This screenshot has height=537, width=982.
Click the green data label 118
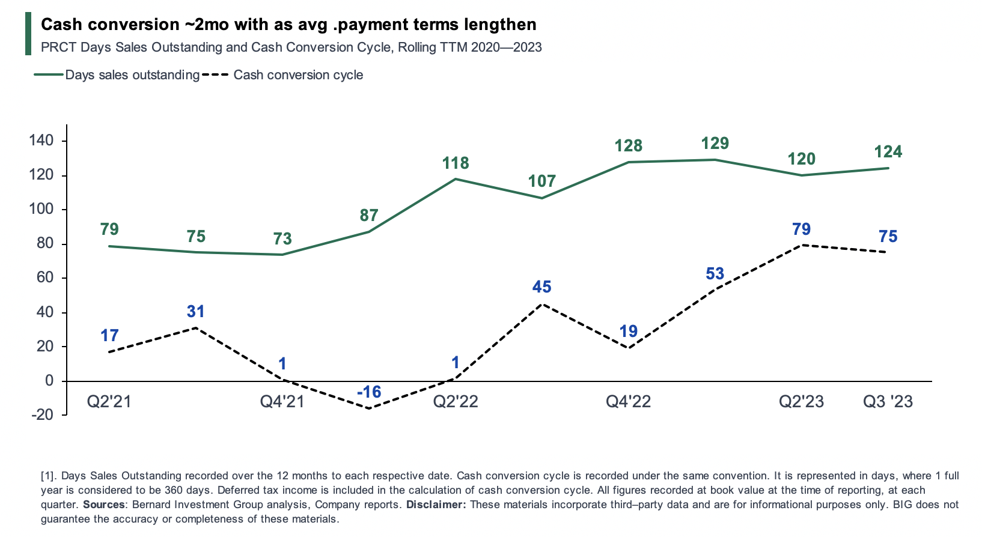point(456,163)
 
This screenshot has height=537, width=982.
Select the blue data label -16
point(369,392)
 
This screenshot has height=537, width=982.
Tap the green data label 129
point(715,144)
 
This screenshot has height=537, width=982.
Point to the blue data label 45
point(541,287)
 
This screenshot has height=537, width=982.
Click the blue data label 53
point(715,274)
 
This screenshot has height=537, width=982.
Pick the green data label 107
point(541,181)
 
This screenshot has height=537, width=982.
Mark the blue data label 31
point(196,312)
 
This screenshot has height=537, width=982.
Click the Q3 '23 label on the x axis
point(888,401)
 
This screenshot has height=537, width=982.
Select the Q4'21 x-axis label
point(282,401)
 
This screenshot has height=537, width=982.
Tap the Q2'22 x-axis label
point(456,401)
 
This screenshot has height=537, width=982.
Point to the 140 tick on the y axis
point(41,141)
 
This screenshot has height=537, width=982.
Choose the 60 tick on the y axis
point(44,278)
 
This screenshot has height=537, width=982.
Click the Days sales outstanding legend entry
point(132,75)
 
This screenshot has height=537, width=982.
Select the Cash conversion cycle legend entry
point(298,75)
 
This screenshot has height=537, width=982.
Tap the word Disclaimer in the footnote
point(436,505)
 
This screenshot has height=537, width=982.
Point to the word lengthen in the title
point(505,25)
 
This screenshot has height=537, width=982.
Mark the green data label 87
point(369,215)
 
